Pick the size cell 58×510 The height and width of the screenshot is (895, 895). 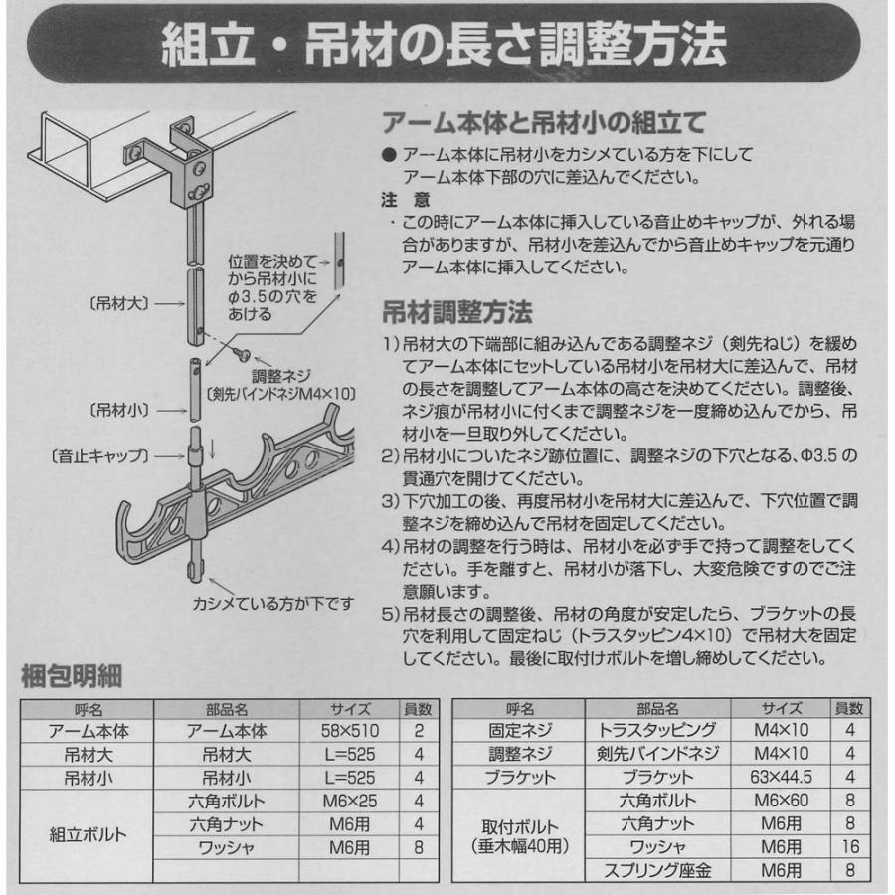pyautogui.click(x=349, y=731)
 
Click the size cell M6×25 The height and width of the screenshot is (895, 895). pyautogui.click(x=349, y=801)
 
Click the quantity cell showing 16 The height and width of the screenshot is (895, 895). pyautogui.click(x=848, y=847)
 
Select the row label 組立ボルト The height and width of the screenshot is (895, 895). pyautogui.click(x=88, y=835)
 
